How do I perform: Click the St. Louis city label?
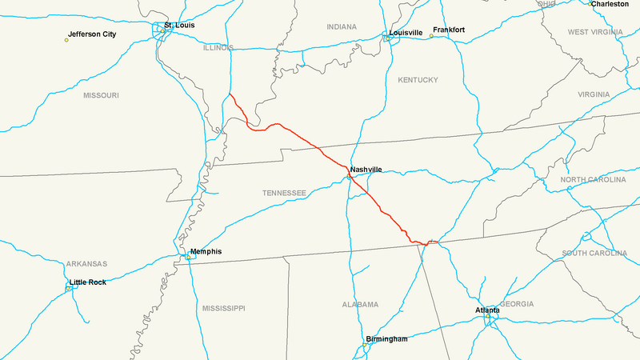pos(179,26)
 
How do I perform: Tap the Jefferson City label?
pos(92,34)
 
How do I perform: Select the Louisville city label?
pos(406,34)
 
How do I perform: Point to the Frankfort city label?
pos(449,30)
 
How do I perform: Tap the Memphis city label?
pos(206,252)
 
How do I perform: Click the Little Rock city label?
pos(87,282)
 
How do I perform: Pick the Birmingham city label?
pos(386,339)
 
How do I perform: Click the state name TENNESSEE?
pos(284,194)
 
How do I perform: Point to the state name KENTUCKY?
pos(418,80)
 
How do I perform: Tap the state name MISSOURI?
pos(101,95)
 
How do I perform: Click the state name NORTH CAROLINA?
pos(593,180)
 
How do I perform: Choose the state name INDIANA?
pos(342,27)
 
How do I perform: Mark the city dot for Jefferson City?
pos(66,39)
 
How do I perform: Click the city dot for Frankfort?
pos(431,36)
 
